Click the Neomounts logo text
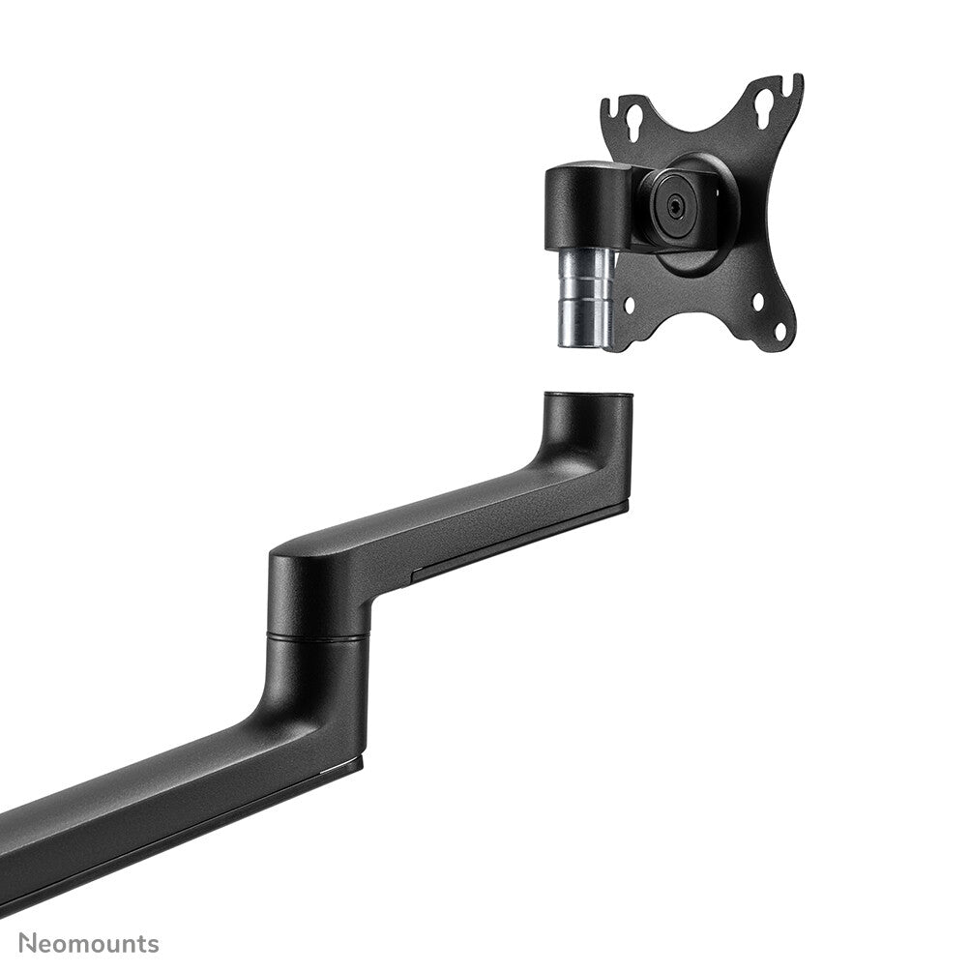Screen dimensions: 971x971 tap(88, 943)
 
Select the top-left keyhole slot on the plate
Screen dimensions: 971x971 tap(634, 122)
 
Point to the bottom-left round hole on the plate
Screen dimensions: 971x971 tap(630, 305)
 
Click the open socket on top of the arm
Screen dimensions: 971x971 tap(588, 396)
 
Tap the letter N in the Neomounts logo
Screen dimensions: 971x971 tap(28, 943)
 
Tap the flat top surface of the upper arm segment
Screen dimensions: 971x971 tap(464, 503)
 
